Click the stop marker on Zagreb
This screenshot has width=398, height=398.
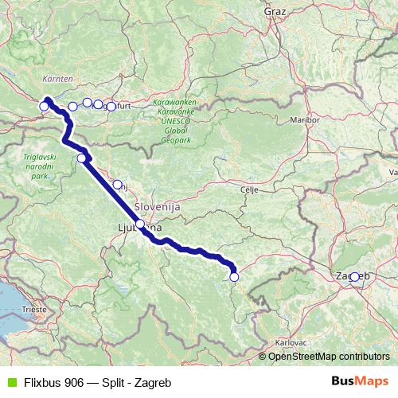[354, 277]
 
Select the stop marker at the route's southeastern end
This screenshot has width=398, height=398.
[234, 277]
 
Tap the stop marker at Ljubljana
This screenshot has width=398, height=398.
[140, 224]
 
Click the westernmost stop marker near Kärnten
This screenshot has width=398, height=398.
[45, 106]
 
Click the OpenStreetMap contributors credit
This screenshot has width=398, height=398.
[328, 357]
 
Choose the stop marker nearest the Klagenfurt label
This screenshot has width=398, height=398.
[111, 106]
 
